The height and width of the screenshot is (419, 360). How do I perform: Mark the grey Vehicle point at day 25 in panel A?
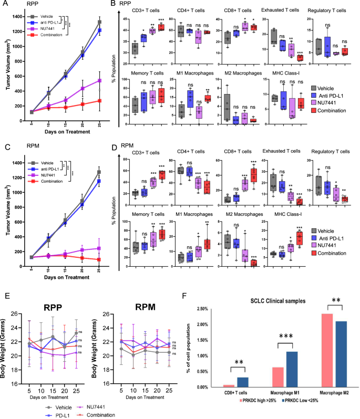tap(99, 22)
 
